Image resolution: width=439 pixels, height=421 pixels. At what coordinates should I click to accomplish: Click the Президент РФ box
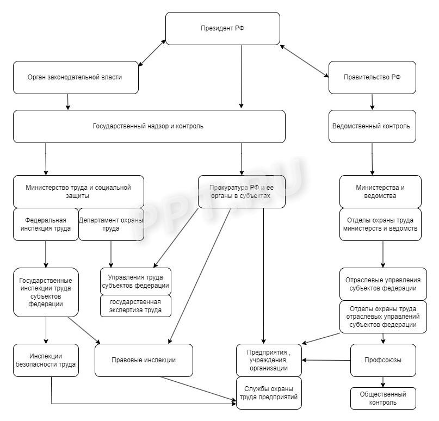tap(222, 28)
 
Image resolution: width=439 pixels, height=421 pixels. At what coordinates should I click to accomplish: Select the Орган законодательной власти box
tap(76, 77)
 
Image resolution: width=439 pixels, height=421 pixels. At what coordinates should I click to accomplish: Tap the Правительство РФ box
tap(372, 77)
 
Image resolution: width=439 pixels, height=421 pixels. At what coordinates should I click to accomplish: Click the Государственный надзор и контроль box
tap(149, 126)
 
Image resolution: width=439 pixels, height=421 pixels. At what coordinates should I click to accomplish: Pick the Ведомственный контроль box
tap(372, 126)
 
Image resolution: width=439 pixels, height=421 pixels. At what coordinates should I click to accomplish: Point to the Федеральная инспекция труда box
tap(46, 224)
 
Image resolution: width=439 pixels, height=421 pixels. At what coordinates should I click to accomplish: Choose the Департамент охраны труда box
tap(111, 224)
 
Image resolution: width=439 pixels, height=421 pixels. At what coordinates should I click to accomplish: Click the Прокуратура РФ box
tap(241, 191)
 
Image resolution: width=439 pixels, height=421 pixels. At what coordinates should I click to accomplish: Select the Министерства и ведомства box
tap(380, 191)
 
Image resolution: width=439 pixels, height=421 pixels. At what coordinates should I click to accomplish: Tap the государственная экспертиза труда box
tap(135, 306)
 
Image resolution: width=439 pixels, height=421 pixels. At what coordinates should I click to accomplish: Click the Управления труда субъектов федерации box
tap(135, 281)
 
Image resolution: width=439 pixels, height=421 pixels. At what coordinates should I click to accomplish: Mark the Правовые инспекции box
tap(144, 360)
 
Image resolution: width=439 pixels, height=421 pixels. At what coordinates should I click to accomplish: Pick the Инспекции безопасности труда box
tap(46, 360)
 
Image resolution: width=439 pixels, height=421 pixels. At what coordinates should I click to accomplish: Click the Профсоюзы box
tap(383, 360)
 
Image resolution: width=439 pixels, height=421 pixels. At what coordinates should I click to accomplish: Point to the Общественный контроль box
tap(383, 398)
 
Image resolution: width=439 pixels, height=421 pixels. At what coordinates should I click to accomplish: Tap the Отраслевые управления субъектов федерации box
tap(380, 283)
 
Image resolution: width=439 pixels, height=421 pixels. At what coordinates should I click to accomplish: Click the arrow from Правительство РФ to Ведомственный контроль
tap(372, 102)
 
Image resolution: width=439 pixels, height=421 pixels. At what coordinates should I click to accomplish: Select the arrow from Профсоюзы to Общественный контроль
tap(383, 382)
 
